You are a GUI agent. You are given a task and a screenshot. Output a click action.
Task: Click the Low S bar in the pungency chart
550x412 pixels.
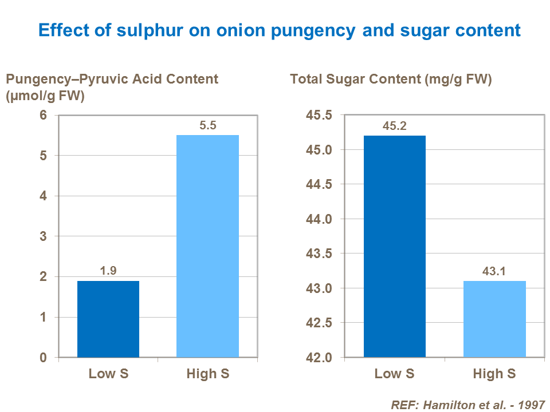click(x=108, y=319)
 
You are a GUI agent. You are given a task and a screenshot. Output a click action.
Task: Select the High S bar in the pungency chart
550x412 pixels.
click(x=207, y=246)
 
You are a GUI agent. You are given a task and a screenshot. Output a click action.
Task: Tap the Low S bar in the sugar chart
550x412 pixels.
click(x=395, y=246)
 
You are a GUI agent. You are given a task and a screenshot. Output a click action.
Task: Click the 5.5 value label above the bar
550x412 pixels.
click(x=207, y=125)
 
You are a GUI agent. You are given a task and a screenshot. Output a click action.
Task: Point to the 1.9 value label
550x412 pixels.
click(x=108, y=271)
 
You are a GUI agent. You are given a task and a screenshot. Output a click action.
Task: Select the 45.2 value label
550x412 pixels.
click(x=395, y=126)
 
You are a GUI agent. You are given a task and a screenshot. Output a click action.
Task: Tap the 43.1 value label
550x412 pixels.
click(x=494, y=271)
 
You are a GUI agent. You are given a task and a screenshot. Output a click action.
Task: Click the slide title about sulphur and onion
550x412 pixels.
click(x=280, y=30)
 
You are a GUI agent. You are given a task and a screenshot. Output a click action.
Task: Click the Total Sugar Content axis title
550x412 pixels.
click(x=391, y=80)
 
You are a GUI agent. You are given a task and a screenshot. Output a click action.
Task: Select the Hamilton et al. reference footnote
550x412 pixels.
click(x=467, y=404)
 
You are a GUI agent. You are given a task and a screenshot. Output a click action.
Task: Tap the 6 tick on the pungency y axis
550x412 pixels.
click(x=43, y=115)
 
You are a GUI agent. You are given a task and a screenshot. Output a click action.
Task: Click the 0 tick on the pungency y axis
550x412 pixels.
click(x=43, y=358)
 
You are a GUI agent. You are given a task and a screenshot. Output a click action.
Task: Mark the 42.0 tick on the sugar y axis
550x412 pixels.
click(x=319, y=358)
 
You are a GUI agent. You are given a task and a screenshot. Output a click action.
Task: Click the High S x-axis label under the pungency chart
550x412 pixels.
click(x=207, y=374)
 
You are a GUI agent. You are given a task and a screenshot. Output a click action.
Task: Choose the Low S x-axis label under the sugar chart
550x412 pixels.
click(x=395, y=374)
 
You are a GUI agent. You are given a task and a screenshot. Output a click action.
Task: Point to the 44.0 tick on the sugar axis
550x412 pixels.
click(x=319, y=219)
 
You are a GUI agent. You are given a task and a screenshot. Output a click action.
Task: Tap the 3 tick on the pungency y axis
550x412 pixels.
click(x=43, y=236)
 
